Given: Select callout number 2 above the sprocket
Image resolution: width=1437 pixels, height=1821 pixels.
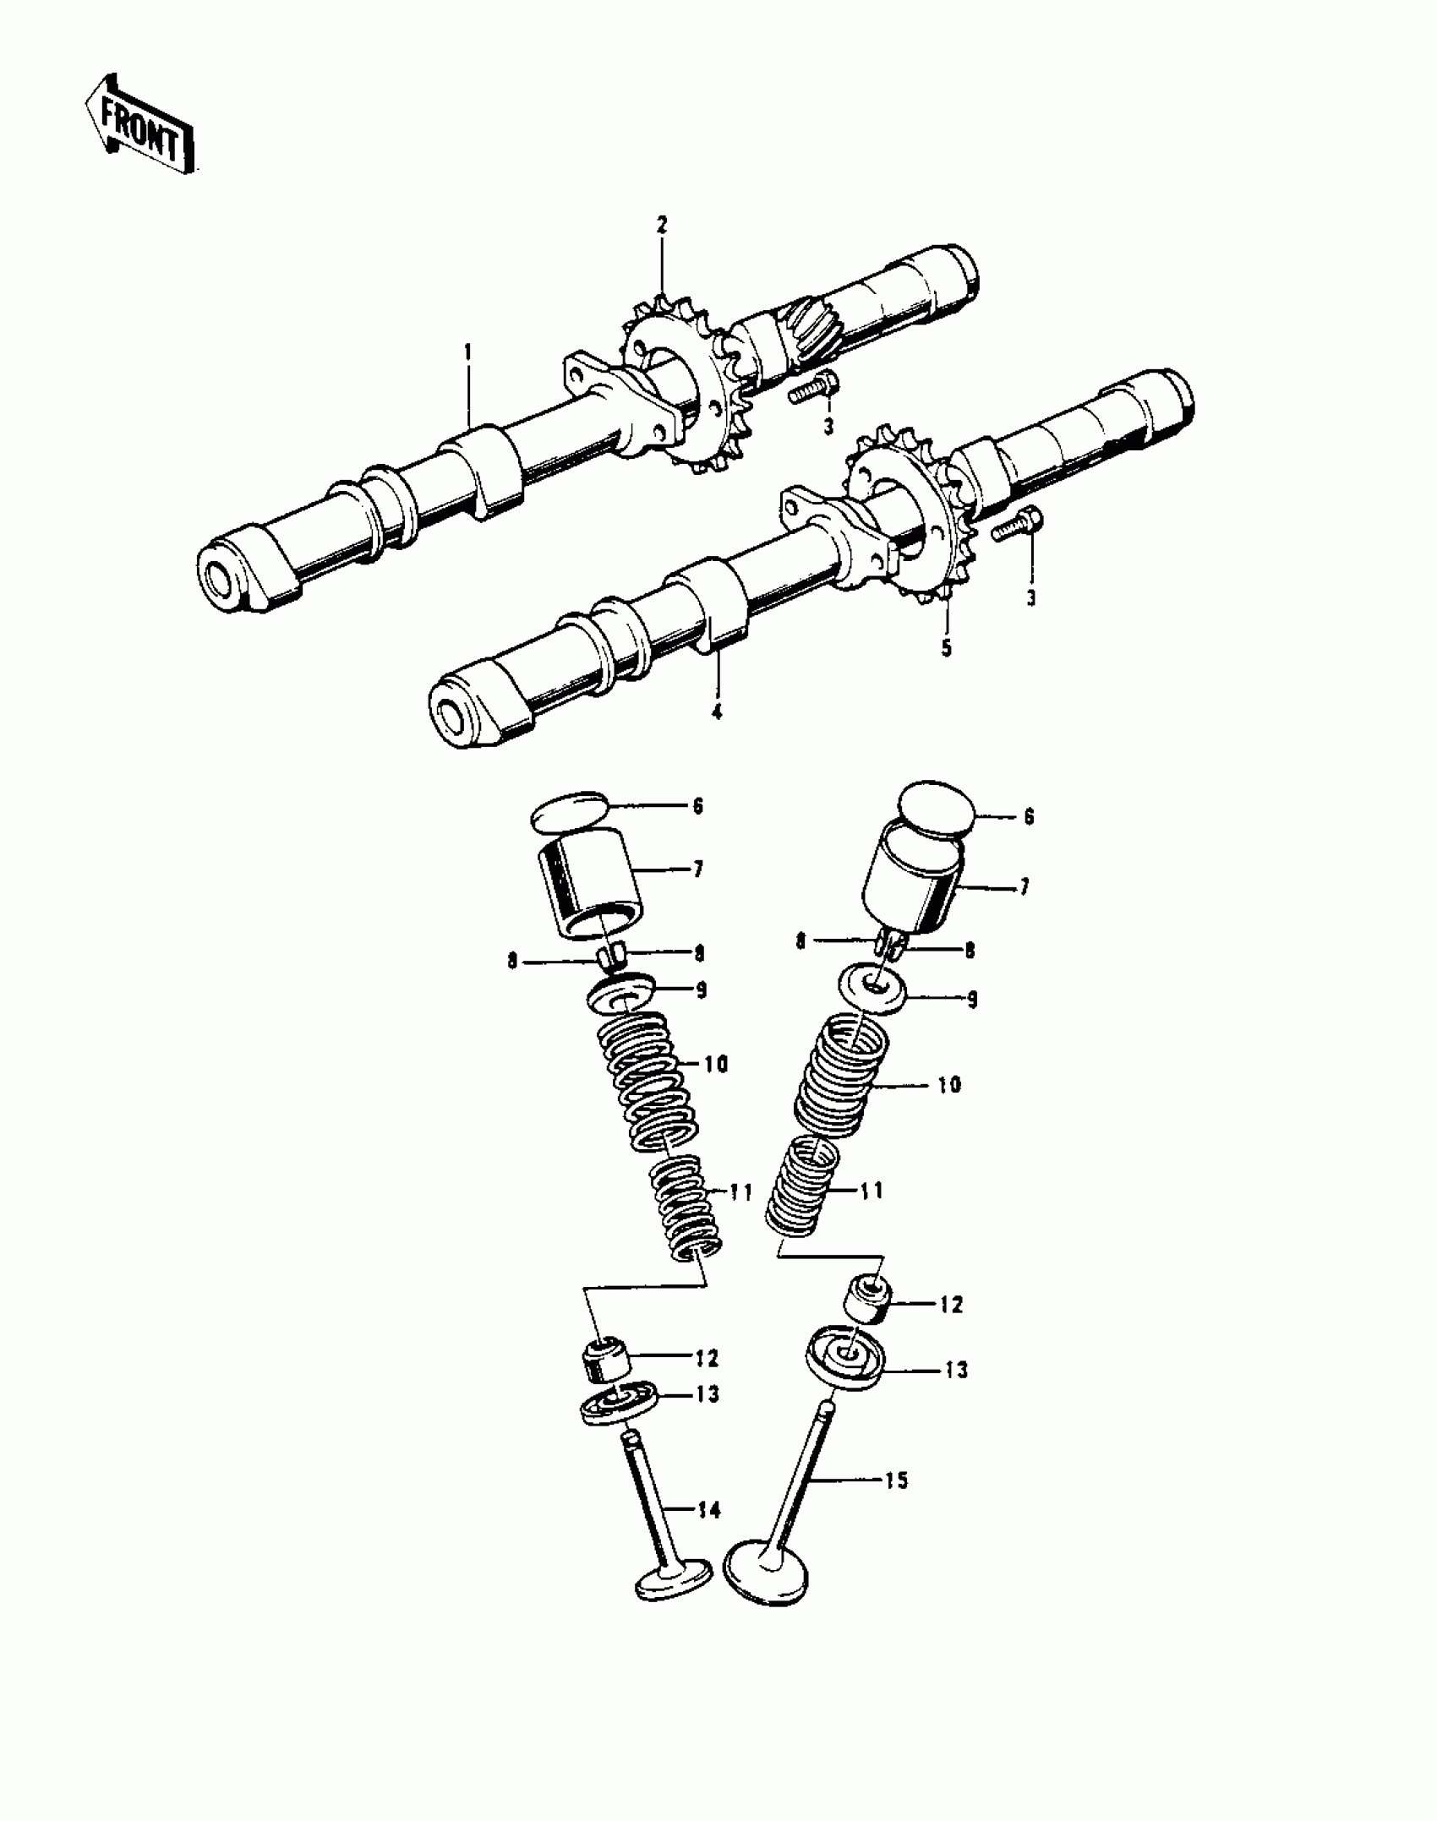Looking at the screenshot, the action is [x=662, y=225].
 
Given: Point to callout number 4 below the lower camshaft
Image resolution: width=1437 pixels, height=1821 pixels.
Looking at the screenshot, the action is [x=717, y=712].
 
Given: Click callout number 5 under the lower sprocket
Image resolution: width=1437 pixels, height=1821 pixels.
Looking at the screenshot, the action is [x=947, y=648].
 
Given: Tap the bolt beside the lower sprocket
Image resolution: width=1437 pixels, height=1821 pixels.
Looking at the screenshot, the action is [x=1016, y=524].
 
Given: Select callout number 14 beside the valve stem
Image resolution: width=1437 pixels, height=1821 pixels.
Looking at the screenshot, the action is [x=709, y=1510].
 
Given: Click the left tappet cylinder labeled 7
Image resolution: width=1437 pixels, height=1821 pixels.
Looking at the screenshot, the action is [x=589, y=883].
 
